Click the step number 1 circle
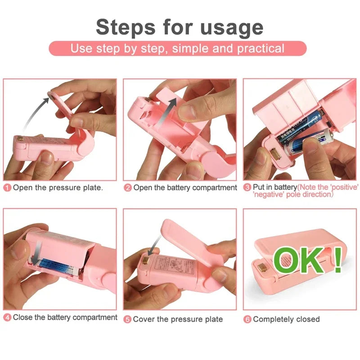pos(8,188)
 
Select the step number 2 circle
pos(128,188)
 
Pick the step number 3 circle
pos(247,187)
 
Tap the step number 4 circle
pos(8,318)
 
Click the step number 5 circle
pos(128,319)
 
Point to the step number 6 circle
pos(247,319)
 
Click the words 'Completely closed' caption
pos(286,319)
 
